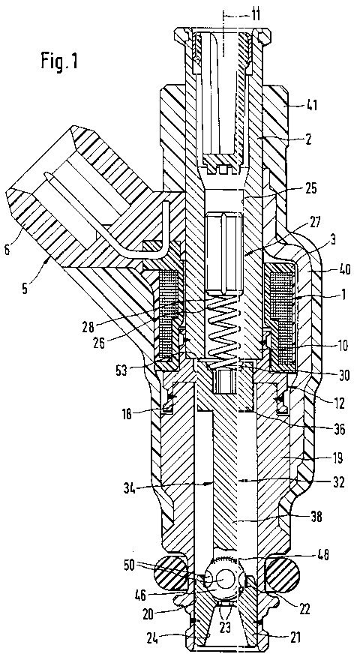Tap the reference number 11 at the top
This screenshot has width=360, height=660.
(x=254, y=16)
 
